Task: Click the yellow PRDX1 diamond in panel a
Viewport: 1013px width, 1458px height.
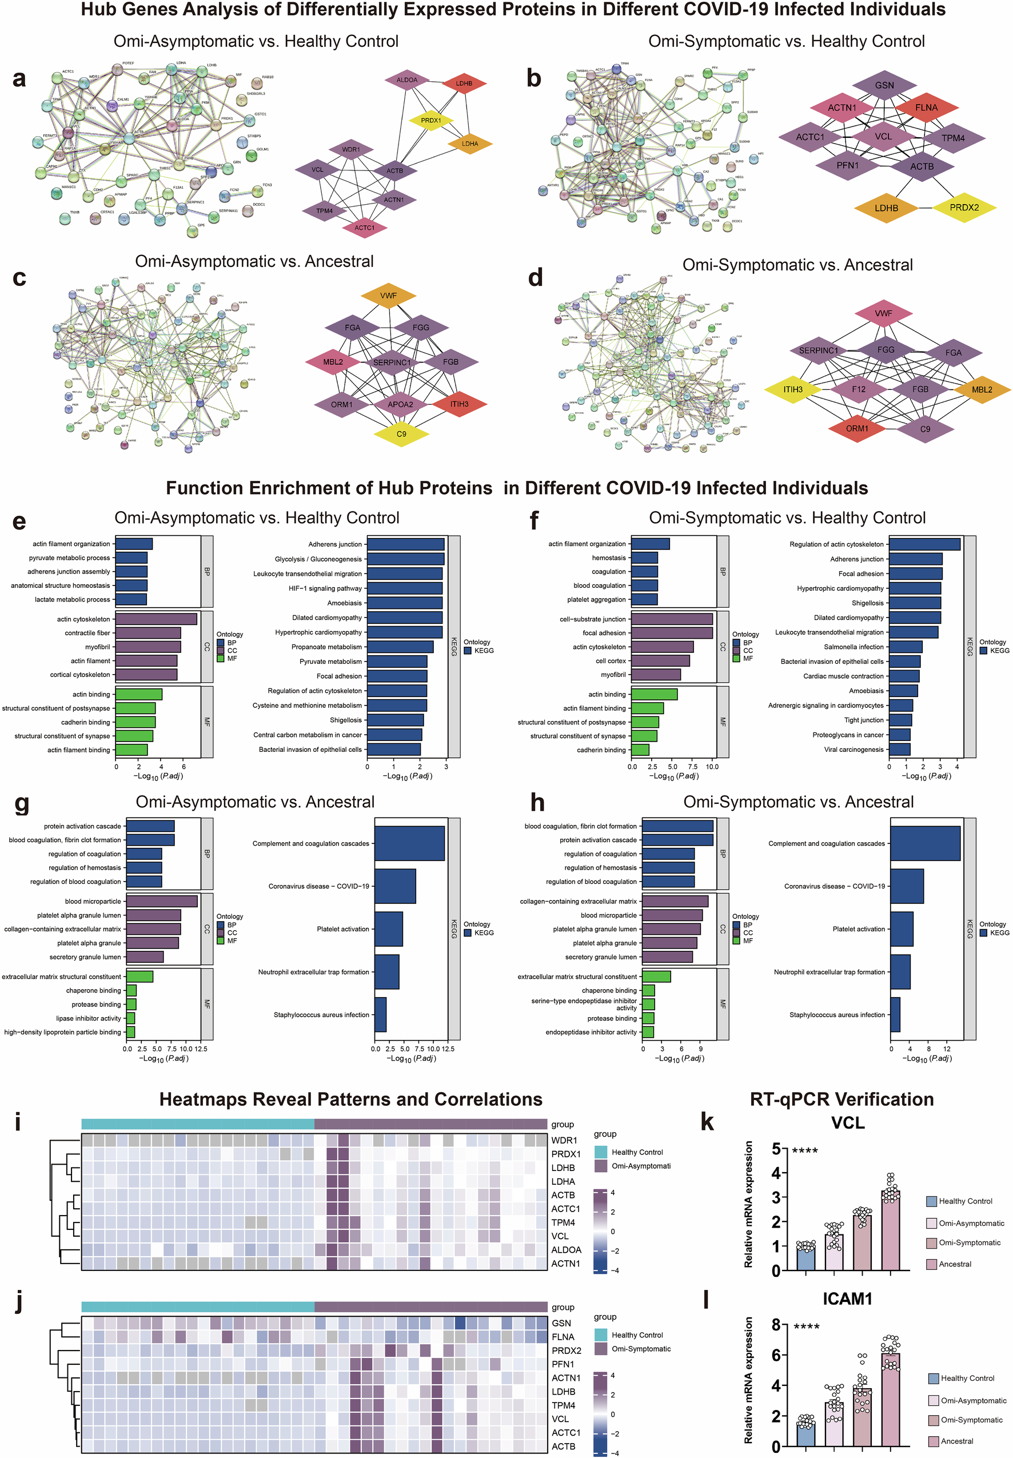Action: point(430,121)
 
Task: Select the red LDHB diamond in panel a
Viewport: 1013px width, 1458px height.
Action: point(464,83)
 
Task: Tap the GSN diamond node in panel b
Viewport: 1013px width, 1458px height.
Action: point(884,85)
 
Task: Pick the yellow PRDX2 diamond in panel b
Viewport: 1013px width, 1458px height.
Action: point(964,208)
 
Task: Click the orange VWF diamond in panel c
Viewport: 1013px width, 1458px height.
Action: point(388,296)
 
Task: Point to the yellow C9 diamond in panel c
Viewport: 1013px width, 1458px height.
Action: point(401,434)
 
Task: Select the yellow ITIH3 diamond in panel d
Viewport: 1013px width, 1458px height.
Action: point(793,390)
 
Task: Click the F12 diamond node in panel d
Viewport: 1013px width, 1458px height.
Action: point(858,390)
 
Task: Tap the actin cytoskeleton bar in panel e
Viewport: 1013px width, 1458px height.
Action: point(156,619)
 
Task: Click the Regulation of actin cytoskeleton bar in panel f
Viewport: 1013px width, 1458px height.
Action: point(924,544)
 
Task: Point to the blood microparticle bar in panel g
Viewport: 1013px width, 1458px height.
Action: point(162,901)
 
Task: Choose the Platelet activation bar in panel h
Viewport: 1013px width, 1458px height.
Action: point(902,929)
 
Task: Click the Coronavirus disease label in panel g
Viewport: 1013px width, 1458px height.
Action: point(318,886)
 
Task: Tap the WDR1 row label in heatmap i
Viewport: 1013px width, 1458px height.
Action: point(564,1141)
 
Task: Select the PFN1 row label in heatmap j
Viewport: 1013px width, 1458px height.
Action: point(563,1364)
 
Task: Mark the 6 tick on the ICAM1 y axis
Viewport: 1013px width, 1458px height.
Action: point(775,1355)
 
